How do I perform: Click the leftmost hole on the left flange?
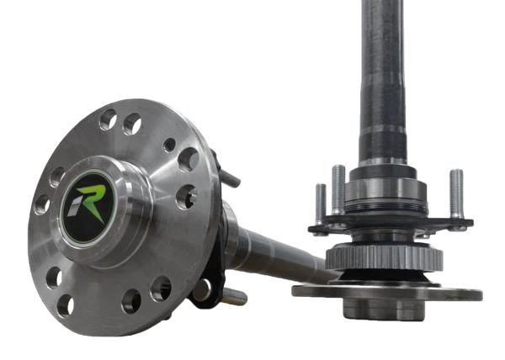click(41, 204)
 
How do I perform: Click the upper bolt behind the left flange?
click(228, 177)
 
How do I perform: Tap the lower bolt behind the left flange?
click(234, 296)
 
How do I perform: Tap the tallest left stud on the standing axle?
click(338, 188)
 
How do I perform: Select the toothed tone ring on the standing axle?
click(384, 257)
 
